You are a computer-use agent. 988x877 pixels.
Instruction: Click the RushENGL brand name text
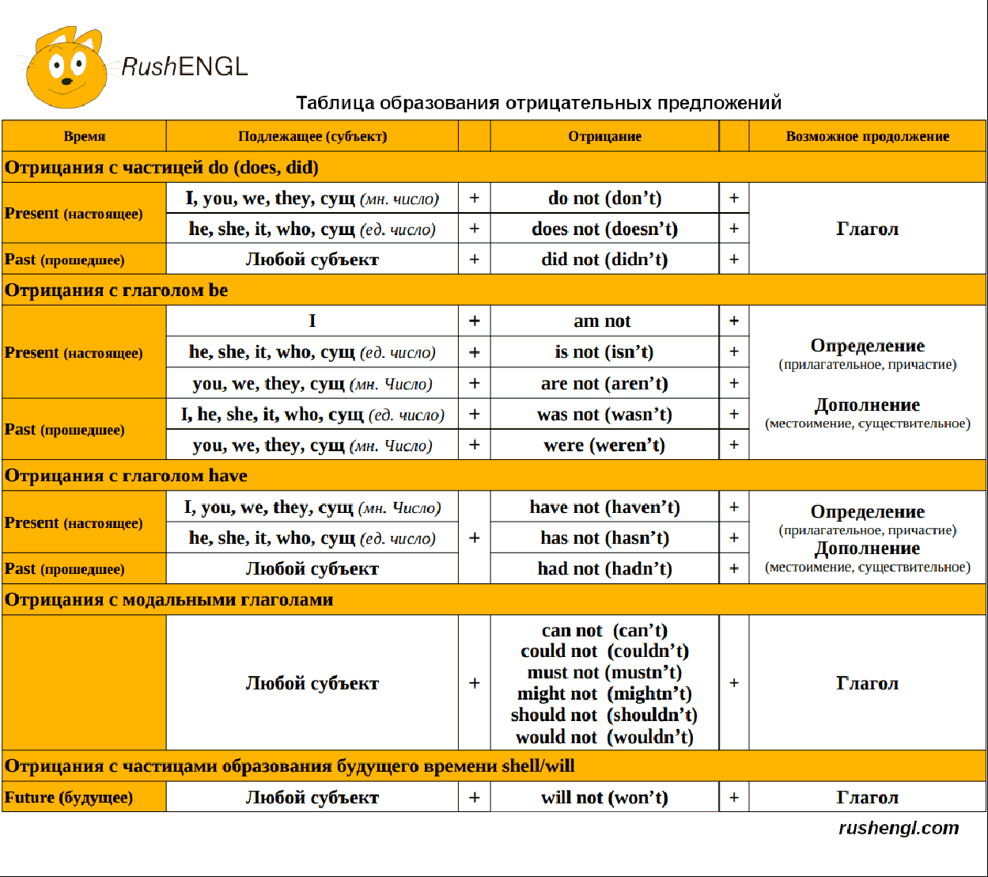184,66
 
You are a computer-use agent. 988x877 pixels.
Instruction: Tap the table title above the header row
538,103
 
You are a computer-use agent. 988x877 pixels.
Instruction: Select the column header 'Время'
85,136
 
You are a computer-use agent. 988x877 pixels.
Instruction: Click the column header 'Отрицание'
604,136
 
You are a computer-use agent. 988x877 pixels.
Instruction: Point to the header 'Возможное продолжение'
867,136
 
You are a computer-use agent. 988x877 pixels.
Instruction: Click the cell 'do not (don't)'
604,198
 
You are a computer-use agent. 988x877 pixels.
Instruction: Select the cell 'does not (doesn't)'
604,229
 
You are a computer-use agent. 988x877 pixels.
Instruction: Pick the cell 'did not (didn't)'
604,260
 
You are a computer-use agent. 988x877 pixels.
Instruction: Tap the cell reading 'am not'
602,321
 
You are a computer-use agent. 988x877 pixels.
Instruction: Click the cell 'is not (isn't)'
604,351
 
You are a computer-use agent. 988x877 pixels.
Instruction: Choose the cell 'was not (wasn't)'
604,414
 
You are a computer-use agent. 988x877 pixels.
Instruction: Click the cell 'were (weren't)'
604,445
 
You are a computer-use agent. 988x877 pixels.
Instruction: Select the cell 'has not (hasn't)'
604,538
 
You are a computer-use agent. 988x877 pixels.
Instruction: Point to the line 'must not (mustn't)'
604,673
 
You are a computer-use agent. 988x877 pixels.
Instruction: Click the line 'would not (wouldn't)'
604,737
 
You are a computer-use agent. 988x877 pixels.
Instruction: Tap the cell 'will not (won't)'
604,797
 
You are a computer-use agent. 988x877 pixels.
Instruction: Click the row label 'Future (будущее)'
69,797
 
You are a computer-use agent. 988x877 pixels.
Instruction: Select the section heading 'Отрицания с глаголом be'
116,290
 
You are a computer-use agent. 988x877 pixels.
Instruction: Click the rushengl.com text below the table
898,828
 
